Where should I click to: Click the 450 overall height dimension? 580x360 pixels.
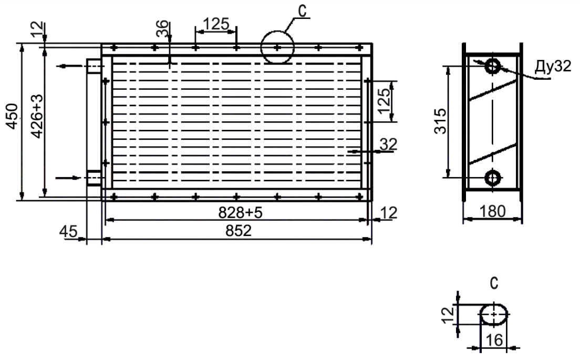click(13, 116)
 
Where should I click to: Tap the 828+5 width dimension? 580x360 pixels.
click(240, 213)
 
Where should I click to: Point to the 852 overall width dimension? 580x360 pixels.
click(239, 231)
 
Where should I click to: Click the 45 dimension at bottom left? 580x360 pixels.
click(68, 232)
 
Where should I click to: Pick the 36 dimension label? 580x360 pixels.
click(162, 29)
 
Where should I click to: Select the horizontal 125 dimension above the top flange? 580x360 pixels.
click(216, 24)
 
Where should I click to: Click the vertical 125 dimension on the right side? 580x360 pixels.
click(385, 100)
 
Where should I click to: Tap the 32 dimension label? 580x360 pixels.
click(388, 145)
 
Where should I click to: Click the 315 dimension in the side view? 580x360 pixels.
click(441, 121)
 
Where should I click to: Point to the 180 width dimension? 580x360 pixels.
click(492, 212)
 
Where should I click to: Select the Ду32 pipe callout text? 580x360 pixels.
click(553, 66)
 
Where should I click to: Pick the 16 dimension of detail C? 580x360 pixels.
click(494, 340)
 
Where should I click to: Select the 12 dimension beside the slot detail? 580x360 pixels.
click(449, 315)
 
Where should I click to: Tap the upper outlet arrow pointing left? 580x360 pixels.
click(69, 66)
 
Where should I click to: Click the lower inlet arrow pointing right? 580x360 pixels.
click(68, 178)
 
